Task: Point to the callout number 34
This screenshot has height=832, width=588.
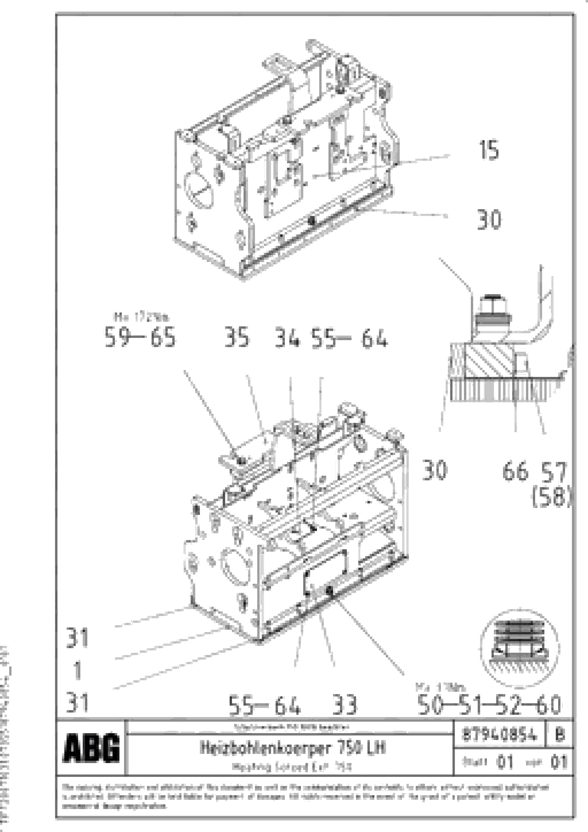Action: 287,337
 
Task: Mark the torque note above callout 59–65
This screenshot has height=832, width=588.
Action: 141,317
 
